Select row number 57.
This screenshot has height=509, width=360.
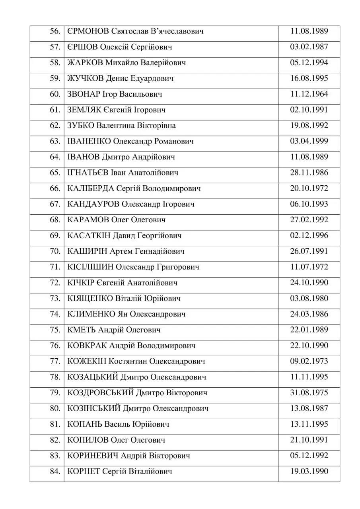point(54,47)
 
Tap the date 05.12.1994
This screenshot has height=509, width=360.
point(309,63)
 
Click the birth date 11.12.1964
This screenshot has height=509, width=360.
point(309,94)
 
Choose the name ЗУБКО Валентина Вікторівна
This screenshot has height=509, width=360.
point(122,126)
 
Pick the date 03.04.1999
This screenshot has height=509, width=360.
point(309,141)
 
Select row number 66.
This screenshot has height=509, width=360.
point(54,188)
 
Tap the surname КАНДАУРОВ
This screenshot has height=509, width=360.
point(93,204)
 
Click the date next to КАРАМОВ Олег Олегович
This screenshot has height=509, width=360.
point(309,220)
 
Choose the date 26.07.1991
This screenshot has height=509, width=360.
point(309,251)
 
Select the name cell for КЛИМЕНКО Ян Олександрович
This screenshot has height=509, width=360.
point(127,314)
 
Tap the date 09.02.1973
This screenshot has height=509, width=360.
point(309,361)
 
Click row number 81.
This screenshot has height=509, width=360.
point(54,424)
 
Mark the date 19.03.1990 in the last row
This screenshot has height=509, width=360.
point(309,471)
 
